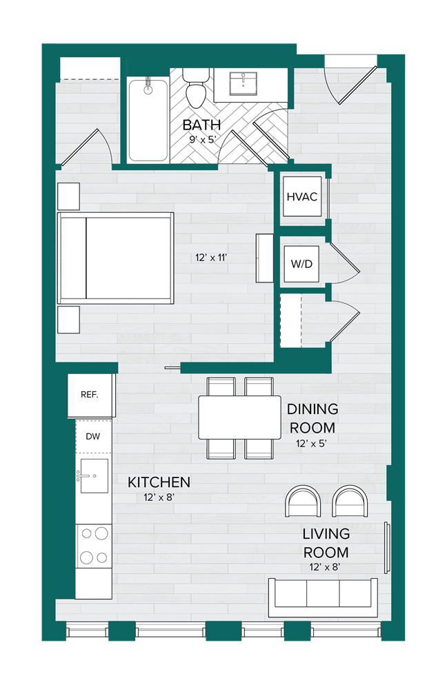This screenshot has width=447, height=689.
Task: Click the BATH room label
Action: click(x=201, y=125)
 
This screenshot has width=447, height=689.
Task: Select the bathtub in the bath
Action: click(x=148, y=121)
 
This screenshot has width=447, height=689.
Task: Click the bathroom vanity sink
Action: click(x=242, y=85)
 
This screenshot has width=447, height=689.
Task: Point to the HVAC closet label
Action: click(x=301, y=196)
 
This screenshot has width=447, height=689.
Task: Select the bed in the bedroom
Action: click(x=115, y=258)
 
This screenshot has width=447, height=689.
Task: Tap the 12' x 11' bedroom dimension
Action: click(x=211, y=258)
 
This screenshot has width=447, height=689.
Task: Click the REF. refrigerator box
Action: click(x=90, y=395)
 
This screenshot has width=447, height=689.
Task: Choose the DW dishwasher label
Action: click(x=93, y=435)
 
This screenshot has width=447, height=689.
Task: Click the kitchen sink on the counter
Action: click(x=93, y=476)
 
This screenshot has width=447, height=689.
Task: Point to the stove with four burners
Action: click(x=93, y=544)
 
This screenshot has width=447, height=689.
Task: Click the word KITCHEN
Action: click(x=159, y=482)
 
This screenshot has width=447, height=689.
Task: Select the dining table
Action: click(x=239, y=417)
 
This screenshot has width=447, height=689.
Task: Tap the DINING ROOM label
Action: click(x=312, y=418)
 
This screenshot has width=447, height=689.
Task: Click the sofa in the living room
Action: click(x=322, y=597)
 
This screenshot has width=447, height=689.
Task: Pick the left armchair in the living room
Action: click(x=304, y=501)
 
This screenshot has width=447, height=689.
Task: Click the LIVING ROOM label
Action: click(x=326, y=543)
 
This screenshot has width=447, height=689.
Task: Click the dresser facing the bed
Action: click(x=264, y=258)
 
